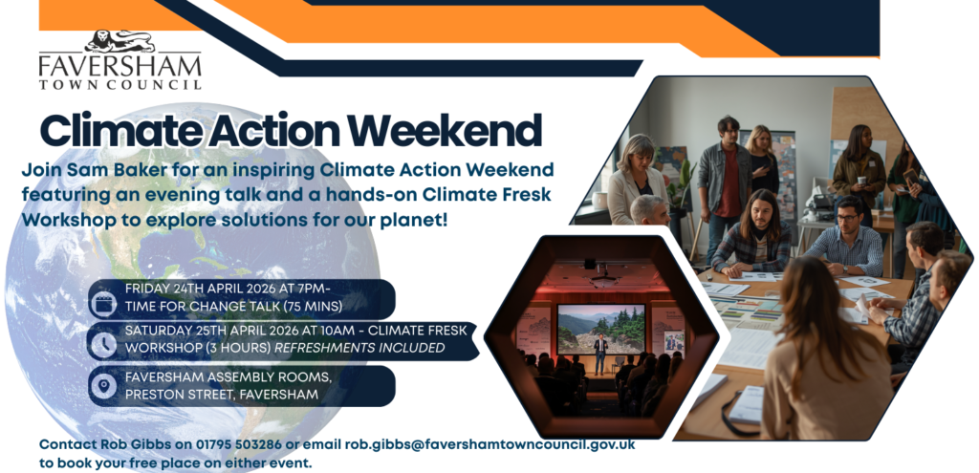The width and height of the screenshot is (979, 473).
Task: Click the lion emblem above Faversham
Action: pyautogui.click(x=120, y=41)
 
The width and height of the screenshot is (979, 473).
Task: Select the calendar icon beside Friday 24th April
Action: pyautogui.click(x=103, y=304)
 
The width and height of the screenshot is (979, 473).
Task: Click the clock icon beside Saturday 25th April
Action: pyautogui.click(x=103, y=344)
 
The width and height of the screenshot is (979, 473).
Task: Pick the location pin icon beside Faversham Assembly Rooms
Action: pyautogui.click(x=103, y=386)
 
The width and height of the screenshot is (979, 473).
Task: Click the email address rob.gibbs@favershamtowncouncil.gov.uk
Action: pyautogui.click(x=490, y=444)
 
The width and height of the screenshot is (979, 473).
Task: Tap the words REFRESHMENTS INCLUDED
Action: pyautogui.click(x=359, y=348)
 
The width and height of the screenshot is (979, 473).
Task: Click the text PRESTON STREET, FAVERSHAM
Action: pyautogui.click(x=222, y=395)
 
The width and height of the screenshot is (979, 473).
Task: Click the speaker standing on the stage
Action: pyautogui.click(x=600, y=354)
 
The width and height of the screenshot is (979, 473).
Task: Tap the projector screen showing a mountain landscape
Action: pyautogui.click(x=600, y=329)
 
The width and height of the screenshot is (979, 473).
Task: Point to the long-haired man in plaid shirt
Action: pyautogui.click(x=752, y=233)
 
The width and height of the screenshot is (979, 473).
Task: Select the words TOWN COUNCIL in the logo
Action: pyautogui.click(x=120, y=84)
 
